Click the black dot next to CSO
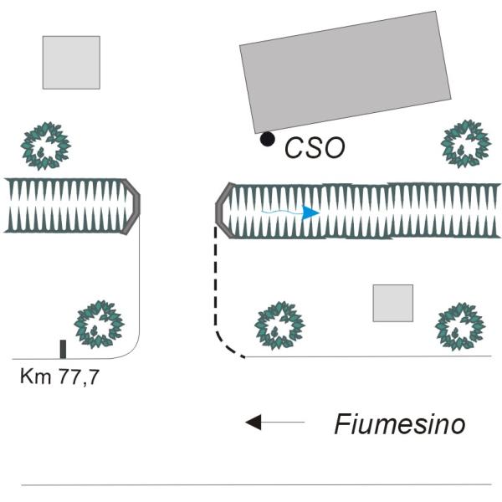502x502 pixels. (x=268, y=139)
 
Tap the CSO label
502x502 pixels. (x=315, y=147)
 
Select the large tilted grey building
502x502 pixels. (x=346, y=72)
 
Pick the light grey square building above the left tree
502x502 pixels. (x=71, y=63)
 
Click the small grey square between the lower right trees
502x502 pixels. (x=393, y=303)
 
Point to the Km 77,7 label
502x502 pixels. (x=59, y=377)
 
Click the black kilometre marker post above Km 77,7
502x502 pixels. (x=63, y=349)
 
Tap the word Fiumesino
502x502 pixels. (x=400, y=424)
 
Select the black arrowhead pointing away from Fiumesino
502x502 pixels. (x=254, y=423)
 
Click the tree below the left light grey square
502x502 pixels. (x=46, y=146)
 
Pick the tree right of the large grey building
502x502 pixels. (x=466, y=144)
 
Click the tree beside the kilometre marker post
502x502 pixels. (x=100, y=325)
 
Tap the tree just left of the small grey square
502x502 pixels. (x=279, y=325)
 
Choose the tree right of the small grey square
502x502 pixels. (x=460, y=326)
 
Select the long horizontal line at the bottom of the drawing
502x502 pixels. (x=256, y=484)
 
